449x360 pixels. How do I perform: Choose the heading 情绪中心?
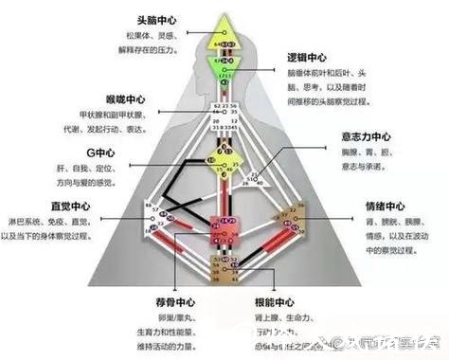(382, 204)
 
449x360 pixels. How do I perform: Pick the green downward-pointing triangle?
(224, 69)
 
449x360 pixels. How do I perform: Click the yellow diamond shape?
(224, 166)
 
